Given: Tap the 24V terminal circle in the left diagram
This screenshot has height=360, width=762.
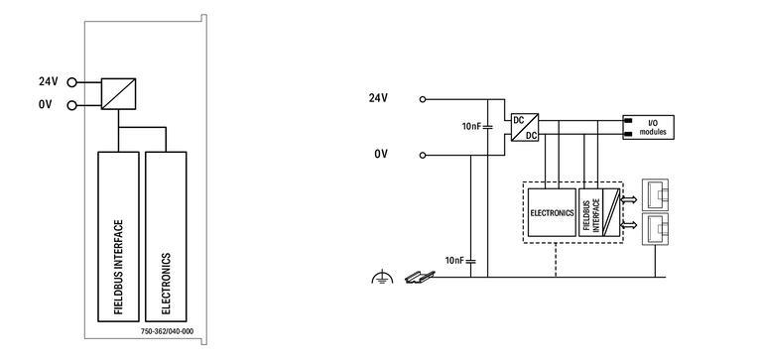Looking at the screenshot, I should pyautogui.click(x=72, y=83).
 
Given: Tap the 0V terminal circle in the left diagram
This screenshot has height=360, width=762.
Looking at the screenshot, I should pyautogui.click(x=72, y=104).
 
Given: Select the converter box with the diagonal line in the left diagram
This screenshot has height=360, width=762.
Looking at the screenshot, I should pyautogui.click(x=118, y=93).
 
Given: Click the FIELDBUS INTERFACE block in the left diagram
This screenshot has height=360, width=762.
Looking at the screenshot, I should pyautogui.click(x=118, y=236).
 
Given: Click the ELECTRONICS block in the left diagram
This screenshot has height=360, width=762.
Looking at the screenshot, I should pyautogui.click(x=166, y=236).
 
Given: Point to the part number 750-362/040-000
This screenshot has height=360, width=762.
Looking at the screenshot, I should pyautogui.click(x=167, y=330).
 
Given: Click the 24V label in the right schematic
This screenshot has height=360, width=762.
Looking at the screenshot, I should pyautogui.click(x=378, y=98).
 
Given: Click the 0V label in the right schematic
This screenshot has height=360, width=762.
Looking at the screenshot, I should pyautogui.click(x=380, y=155).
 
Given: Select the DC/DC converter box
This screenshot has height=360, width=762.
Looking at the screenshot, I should pyautogui.click(x=524, y=127).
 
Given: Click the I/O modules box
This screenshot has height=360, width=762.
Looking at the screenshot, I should pyautogui.click(x=647, y=126).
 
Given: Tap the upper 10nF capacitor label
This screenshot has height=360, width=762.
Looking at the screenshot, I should pyautogui.click(x=471, y=127).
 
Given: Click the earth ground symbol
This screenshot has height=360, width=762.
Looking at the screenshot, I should pyautogui.click(x=378, y=279).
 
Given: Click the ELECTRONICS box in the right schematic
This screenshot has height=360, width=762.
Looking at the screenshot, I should pyautogui.click(x=552, y=211).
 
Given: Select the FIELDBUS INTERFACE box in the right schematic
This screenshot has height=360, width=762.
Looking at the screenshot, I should pyautogui.click(x=592, y=211).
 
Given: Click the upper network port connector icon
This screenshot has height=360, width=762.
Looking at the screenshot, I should pyautogui.click(x=656, y=193).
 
